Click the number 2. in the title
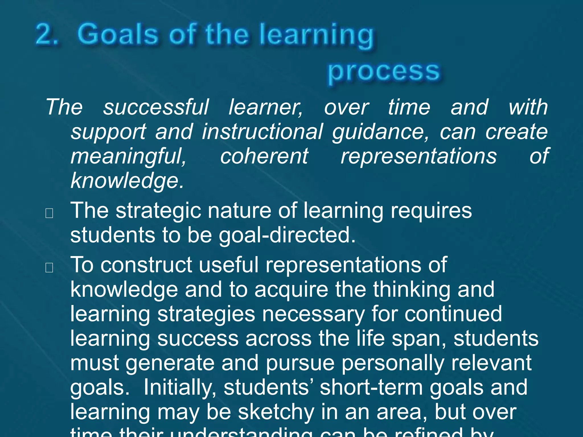47,35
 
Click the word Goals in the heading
118,35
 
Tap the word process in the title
384,71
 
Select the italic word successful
156,107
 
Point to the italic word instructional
262,132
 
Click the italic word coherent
264,156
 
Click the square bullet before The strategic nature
49,213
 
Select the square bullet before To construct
49,267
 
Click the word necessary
313,314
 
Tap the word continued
453,314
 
